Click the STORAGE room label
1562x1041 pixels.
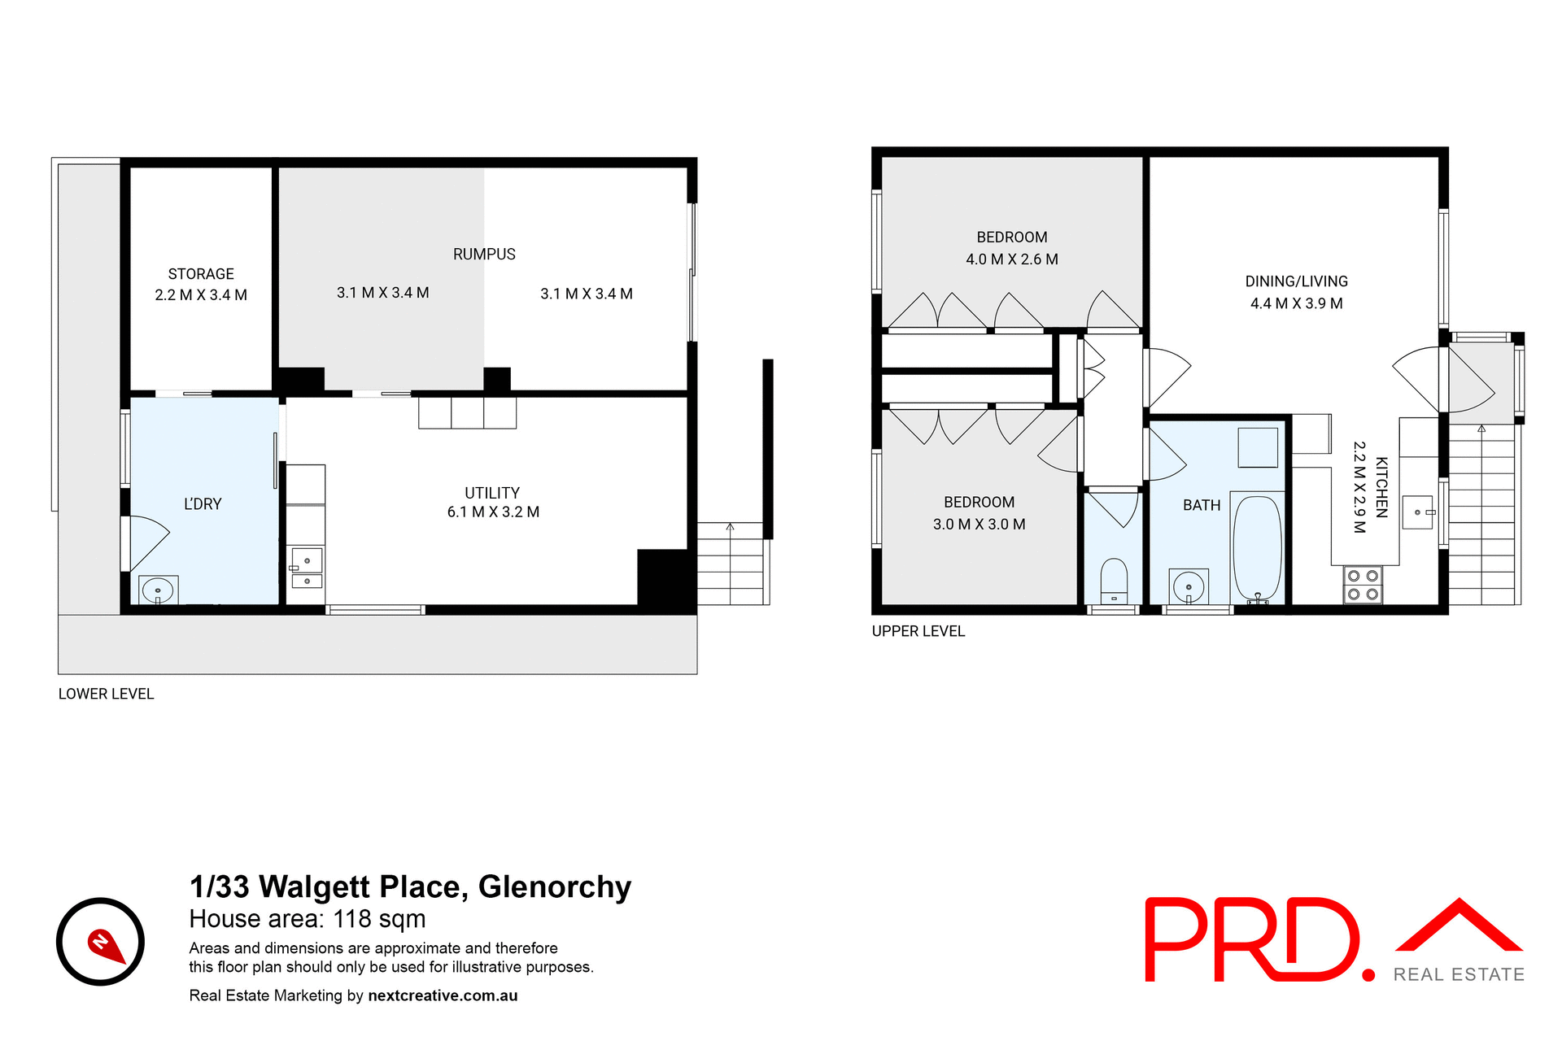tap(201, 274)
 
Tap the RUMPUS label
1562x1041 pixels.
tap(484, 254)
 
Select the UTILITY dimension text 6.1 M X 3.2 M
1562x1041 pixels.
tap(493, 512)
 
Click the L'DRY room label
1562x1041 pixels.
tap(203, 504)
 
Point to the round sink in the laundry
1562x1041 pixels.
tap(158, 590)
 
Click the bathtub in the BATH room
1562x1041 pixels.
tap(1257, 547)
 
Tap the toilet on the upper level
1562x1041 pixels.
tap(1114, 579)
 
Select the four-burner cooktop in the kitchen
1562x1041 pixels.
tap(1363, 585)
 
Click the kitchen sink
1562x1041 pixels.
tap(1417, 512)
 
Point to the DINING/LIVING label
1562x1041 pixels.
tap(1296, 281)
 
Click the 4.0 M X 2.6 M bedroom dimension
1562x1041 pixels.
tap(1012, 259)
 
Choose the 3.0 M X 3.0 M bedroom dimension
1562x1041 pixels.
tap(979, 525)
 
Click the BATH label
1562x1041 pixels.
tap(1202, 505)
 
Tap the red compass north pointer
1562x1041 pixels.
tap(105, 945)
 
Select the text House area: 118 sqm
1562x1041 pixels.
tap(308, 919)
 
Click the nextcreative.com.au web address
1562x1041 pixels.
tap(443, 995)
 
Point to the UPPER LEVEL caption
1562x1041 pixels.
tap(918, 631)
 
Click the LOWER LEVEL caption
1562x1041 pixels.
tap(106, 694)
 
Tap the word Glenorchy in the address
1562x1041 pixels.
tap(555, 886)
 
